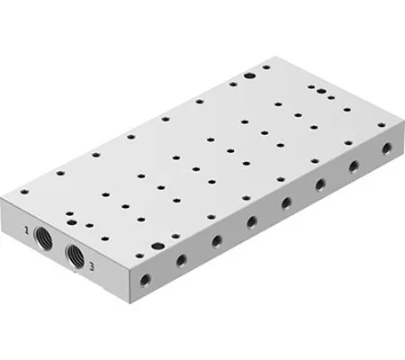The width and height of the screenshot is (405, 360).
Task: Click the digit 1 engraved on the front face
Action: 28,232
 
